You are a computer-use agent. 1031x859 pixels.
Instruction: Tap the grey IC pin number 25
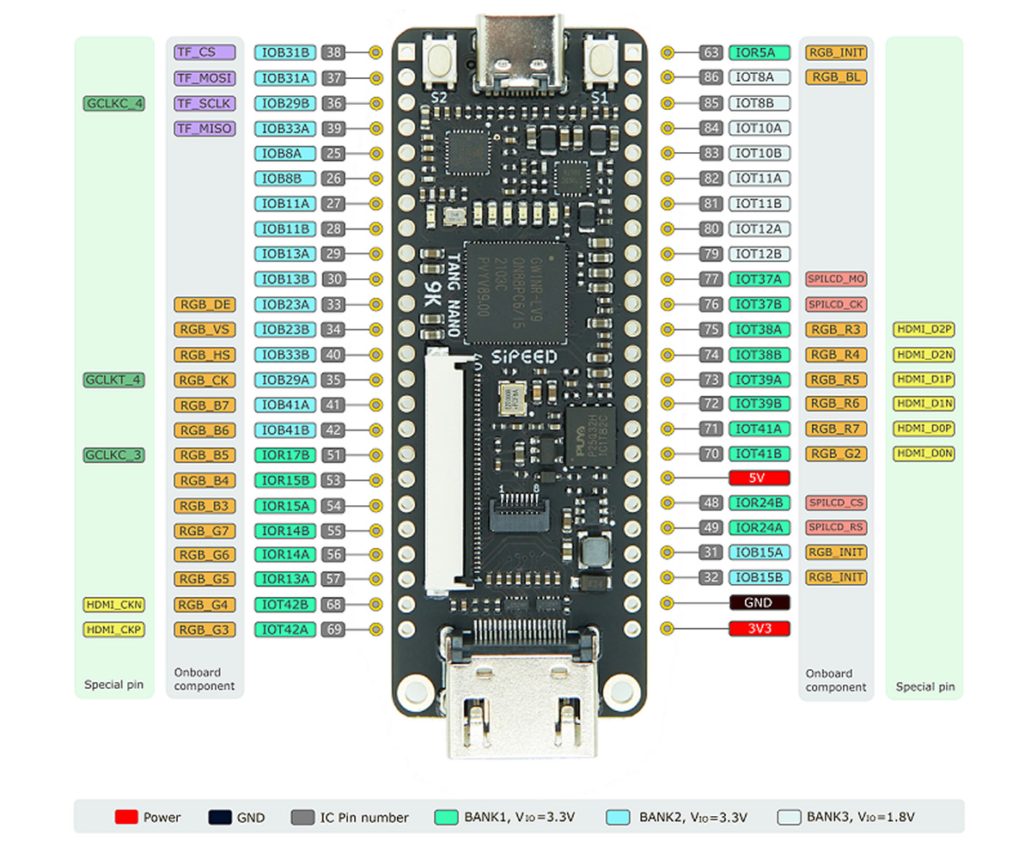334,154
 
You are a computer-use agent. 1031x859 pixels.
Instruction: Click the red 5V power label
759,477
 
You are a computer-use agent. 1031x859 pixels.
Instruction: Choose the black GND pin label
759,603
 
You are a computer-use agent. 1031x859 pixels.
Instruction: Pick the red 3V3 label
759,629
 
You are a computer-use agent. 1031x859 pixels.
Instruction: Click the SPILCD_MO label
835,279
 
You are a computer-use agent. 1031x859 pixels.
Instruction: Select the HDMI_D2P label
924,329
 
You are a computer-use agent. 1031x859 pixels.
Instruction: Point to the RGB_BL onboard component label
835,77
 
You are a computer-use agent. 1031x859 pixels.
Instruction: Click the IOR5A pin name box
759,52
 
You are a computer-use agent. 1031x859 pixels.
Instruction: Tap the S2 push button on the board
439,61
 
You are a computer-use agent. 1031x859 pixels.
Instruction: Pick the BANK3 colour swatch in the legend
788,817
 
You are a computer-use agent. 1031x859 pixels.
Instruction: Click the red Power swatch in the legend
126,817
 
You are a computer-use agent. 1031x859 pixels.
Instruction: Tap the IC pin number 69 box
334,630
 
